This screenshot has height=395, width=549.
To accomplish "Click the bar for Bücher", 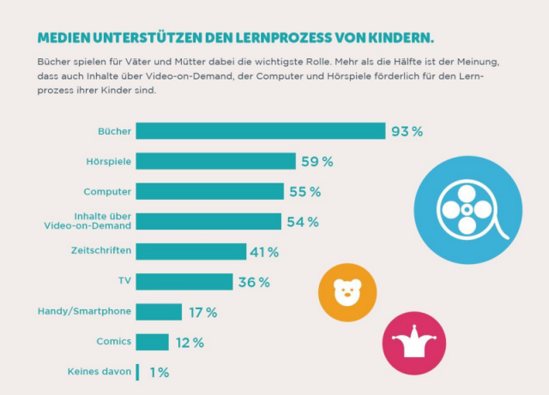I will point(260,131).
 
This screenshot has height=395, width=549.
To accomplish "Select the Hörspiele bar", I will point(215,161).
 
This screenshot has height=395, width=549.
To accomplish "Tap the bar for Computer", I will point(208,191).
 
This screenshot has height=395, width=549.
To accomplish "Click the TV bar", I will point(184,282).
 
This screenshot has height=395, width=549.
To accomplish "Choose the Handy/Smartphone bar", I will point(159,312).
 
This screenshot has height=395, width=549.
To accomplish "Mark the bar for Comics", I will point(152,342).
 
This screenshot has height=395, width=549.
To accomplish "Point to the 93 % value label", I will point(407,132).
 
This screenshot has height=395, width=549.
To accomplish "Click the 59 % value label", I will point(317,162).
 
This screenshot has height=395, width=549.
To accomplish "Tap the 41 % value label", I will point(265,252).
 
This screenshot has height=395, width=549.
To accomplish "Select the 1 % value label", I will point(158,372).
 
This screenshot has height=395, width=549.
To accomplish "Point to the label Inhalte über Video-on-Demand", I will point(88,221).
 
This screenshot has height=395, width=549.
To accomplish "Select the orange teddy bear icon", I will point(347,292).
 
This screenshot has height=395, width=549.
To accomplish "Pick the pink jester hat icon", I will point(414,343).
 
